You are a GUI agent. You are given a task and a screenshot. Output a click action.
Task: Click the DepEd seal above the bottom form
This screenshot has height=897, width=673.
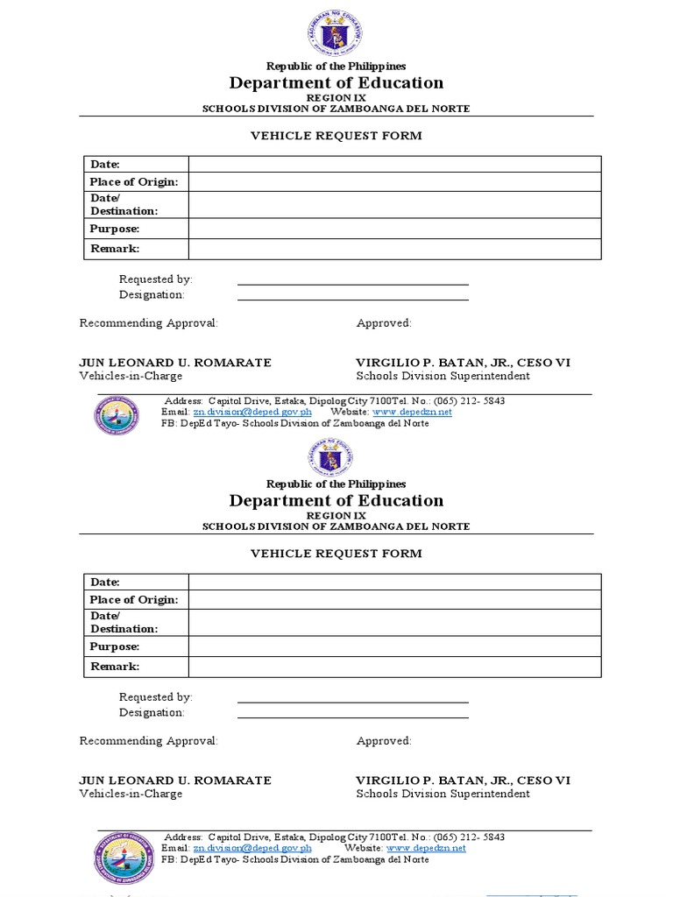[336, 456]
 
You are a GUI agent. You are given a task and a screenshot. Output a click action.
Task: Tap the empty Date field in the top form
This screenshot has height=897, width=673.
[394, 164]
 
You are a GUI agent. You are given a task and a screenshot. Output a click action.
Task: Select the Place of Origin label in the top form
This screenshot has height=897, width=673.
[134, 181]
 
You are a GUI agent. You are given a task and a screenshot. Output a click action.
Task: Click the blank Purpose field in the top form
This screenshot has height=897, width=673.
[394, 229]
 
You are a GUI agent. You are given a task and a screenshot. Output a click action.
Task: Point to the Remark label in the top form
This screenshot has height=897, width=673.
[115, 249]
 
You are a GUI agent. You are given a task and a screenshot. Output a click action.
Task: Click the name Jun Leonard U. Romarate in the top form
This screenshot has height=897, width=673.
[175, 363]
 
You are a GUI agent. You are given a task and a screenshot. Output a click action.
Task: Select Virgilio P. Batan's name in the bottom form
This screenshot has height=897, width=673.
[463, 780]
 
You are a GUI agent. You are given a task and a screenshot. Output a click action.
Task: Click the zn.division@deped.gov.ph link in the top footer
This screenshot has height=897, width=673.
[252, 412]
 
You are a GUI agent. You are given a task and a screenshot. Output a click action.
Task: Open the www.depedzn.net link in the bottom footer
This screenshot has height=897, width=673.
[426, 848]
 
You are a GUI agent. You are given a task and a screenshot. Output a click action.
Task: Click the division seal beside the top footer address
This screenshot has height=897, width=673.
[117, 415]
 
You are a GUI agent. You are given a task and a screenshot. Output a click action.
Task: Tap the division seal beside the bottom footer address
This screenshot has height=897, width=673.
[124, 858]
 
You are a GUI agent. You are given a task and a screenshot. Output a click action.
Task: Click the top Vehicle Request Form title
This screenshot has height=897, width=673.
[336, 136]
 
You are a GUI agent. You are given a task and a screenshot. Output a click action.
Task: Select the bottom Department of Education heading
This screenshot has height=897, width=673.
[336, 501]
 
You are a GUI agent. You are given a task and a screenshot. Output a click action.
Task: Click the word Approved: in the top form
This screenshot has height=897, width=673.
[384, 323]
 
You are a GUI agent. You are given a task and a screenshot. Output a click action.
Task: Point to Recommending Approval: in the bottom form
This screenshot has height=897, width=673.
[148, 741]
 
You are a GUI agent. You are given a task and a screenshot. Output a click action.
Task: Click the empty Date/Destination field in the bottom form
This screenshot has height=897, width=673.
[394, 622]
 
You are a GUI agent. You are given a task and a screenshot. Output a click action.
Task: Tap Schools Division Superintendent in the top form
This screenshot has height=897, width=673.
[443, 377]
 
